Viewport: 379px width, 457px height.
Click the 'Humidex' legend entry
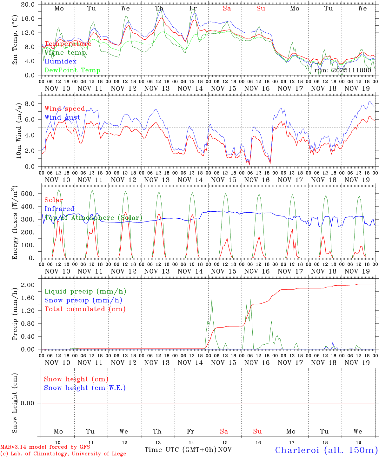pyautogui.click(x=60, y=62)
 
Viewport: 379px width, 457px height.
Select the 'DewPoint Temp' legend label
pyautogui.click(x=72, y=70)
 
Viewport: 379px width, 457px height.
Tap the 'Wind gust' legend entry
pyautogui.click(x=62, y=117)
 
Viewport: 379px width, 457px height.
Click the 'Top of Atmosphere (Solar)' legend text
pyautogui.click(x=93, y=218)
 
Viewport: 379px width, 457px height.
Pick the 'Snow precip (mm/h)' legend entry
pyautogui.click(x=83, y=300)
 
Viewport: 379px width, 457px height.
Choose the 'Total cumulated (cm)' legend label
pyautogui.click(x=85, y=309)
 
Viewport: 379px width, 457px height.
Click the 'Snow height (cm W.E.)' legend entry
pyautogui.click(x=85, y=388)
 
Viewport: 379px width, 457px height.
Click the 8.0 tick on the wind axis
pyautogui.click(x=30, y=104)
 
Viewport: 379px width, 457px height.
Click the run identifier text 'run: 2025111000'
pyautogui.click(x=342, y=70)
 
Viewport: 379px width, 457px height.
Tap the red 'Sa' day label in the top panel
pyautogui.click(x=227, y=9)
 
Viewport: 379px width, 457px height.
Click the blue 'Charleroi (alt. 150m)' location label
pyautogui.click(x=326, y=450)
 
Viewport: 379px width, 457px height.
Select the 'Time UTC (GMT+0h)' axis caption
pyautogui.click(x=181, y=450)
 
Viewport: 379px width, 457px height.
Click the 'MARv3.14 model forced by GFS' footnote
pyautogui.click(x=45, y=447)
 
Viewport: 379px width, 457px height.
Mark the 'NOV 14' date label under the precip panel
pyautogui.click(x=190, y=363)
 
